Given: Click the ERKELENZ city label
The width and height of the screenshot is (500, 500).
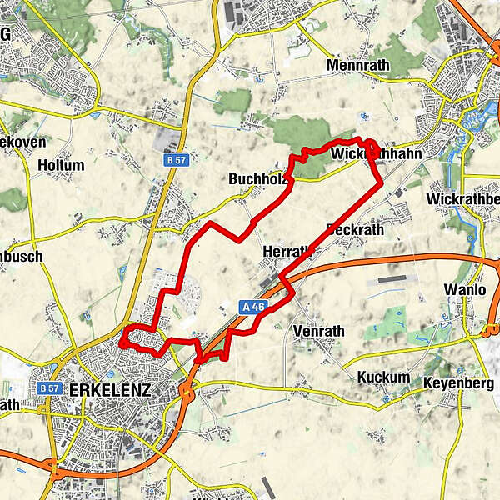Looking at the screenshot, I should [110, 390].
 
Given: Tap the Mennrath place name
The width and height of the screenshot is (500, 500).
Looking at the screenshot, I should [359, 65].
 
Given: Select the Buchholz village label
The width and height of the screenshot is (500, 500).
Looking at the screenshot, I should [257, 178].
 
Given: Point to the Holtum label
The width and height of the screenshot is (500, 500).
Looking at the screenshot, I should [61, 165].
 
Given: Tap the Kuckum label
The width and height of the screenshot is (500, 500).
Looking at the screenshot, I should [383, 377].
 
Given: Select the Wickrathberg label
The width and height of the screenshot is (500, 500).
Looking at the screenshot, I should [462, 200].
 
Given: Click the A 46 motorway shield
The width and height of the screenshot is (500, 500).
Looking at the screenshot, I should [254, 307].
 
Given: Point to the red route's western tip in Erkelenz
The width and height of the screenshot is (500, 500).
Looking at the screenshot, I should [122, 342].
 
